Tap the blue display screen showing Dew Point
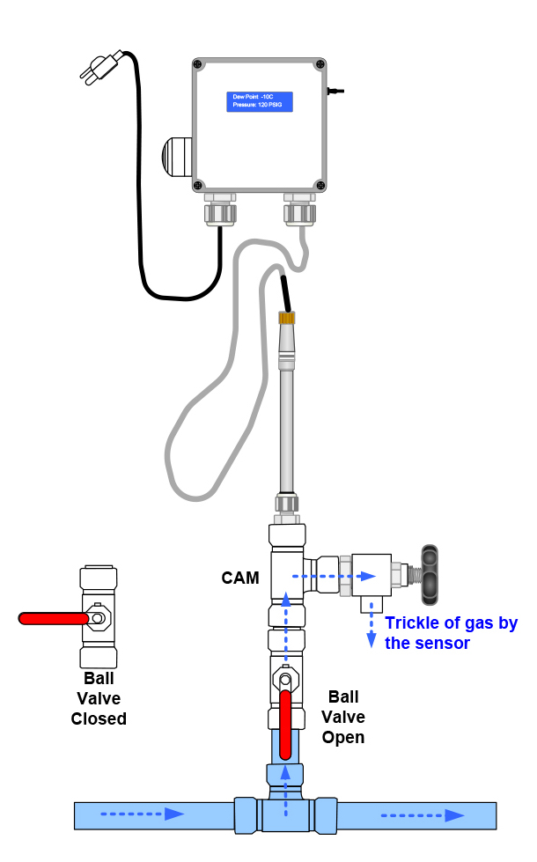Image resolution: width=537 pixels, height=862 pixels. pyautogui.click(x=260, y=100)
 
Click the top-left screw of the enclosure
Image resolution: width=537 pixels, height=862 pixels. pyautogui.click(x=199, y=65)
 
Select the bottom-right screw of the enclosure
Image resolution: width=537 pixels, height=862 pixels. pyautogui.click(x=320, y=185)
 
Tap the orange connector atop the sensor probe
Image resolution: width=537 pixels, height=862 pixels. pyautogui.click(x=286, y=318)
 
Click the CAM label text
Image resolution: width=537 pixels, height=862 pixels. pyautogui.click(x=240, y=578)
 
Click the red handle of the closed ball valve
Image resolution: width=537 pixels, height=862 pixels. pyautogui.click(x=53, y=619)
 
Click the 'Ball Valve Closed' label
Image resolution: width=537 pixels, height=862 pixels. pyautogui.click(x=99, y=699)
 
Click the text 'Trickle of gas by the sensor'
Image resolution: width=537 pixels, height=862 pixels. pyautogui.click(x=450, y=633)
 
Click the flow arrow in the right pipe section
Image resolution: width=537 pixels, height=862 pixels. pyautogui.click(x=423, y=815)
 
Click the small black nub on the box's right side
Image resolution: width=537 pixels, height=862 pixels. pyautogui.click(x=335, y=90)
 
